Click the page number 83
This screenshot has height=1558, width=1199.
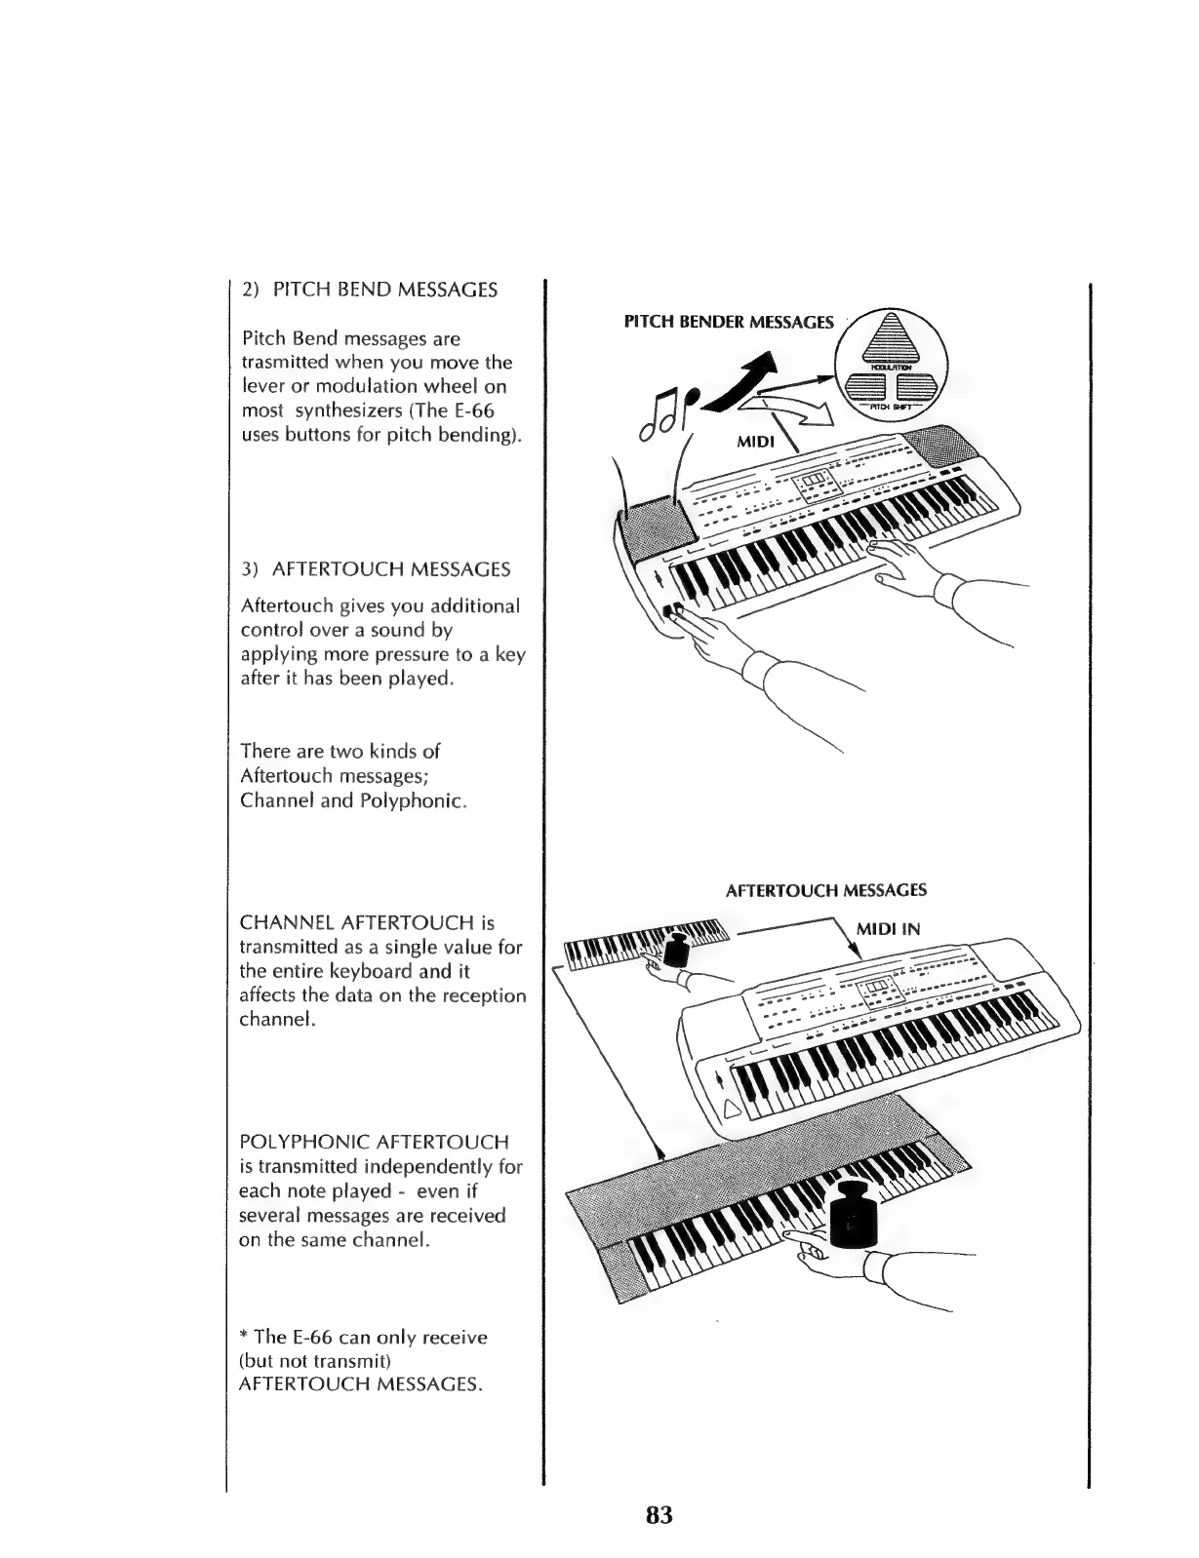659,1515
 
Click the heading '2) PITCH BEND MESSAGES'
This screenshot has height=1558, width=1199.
370,290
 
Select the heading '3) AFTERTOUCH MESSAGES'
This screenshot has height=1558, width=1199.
376,568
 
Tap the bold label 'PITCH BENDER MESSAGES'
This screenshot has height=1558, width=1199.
729,322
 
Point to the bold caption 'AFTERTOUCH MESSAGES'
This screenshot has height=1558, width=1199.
825,890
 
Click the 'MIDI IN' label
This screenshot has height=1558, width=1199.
888,929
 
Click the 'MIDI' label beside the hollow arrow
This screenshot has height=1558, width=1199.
755,443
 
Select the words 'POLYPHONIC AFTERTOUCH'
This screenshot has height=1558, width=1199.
374,1142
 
